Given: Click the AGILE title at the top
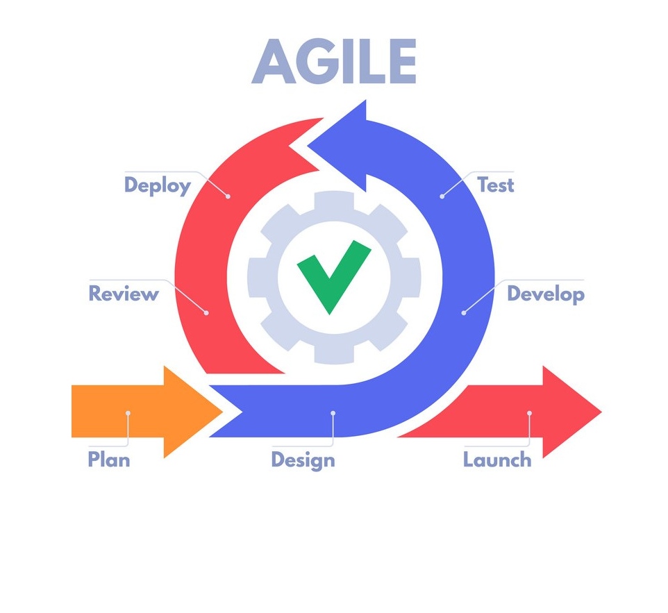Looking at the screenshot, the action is [334, 62].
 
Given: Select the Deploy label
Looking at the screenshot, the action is [157, 185].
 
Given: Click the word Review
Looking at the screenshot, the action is [124, 294].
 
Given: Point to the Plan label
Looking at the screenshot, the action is [108, 460].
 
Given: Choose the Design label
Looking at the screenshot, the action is [303, 460].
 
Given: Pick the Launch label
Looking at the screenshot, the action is [497, 460].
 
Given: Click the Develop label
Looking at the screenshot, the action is [545, 294].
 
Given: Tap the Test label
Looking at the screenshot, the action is [496, 185].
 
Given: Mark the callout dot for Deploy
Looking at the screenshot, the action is [228, 196].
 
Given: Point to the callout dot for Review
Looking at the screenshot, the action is [206, 313].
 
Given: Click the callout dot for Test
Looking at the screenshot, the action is [442, 196].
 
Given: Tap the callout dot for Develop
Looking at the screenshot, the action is [463, 313].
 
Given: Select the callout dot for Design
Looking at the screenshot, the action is [333, 413].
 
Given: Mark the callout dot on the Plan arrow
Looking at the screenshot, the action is [128, 413].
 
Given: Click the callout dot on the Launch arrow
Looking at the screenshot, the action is [529, 413].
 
